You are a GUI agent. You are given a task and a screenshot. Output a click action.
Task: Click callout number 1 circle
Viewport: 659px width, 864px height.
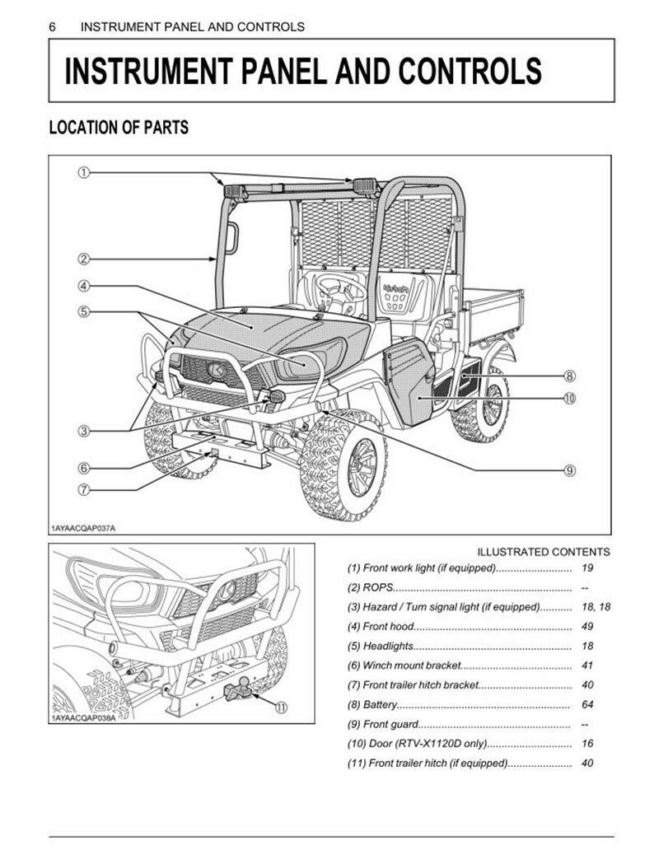(83, 173)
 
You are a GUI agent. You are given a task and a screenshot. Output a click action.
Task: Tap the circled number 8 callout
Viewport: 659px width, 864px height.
(570, 377)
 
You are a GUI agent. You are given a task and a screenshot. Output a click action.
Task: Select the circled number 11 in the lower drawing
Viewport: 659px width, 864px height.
(282, 708)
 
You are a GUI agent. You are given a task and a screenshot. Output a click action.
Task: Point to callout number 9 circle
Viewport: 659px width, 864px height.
(570, 470)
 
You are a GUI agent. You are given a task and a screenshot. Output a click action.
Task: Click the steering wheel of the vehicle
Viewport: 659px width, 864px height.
(340, 289)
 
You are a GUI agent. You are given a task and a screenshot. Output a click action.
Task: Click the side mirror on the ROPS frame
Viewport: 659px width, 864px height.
(232, 239)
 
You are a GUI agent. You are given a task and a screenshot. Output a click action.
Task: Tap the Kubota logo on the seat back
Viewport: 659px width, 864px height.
(396, 287)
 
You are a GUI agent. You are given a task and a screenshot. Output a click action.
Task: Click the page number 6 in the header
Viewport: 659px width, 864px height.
(53, 26)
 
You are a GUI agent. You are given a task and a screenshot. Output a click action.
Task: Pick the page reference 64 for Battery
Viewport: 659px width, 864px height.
(587, 705)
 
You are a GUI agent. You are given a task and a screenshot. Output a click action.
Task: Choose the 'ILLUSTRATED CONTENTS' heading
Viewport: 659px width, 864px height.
(544, 552)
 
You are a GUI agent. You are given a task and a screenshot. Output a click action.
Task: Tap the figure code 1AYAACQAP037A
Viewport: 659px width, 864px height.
(83, 529)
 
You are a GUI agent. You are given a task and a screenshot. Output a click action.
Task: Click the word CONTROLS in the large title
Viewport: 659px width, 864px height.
(470, 71)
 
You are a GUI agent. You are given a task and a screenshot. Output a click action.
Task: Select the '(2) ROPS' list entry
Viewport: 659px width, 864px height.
(370, 587)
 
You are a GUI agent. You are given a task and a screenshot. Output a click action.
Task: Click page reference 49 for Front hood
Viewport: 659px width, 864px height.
(587, 627)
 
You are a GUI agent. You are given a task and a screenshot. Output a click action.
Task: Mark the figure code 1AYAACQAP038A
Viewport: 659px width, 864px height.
(83, 719)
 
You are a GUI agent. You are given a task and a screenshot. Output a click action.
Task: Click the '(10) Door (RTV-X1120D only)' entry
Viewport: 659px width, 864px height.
(417, 744)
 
